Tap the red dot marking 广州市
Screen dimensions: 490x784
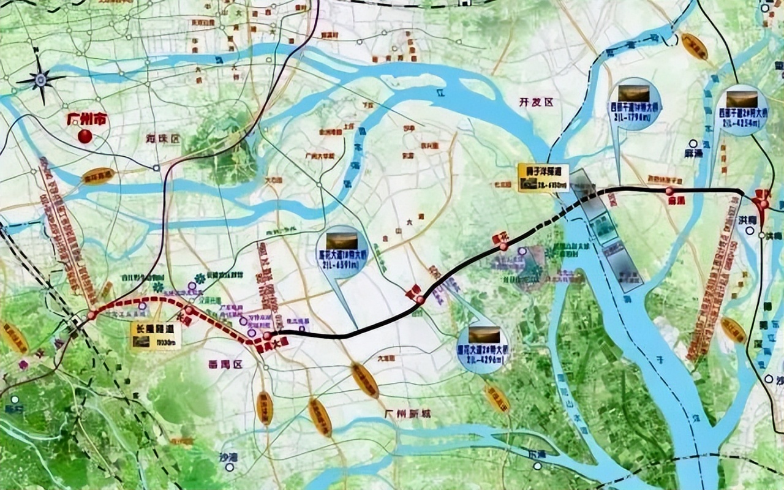[x=85, y=135]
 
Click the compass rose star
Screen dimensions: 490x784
[x=41, y=79]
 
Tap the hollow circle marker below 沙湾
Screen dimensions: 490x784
[x=230, y=467]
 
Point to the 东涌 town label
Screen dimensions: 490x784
[x=537, y=454]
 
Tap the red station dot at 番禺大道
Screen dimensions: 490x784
[x=268, y=336]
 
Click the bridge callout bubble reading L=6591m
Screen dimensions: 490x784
[x=342, y=251]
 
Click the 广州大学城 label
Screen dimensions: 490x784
[x=320, y=156]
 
